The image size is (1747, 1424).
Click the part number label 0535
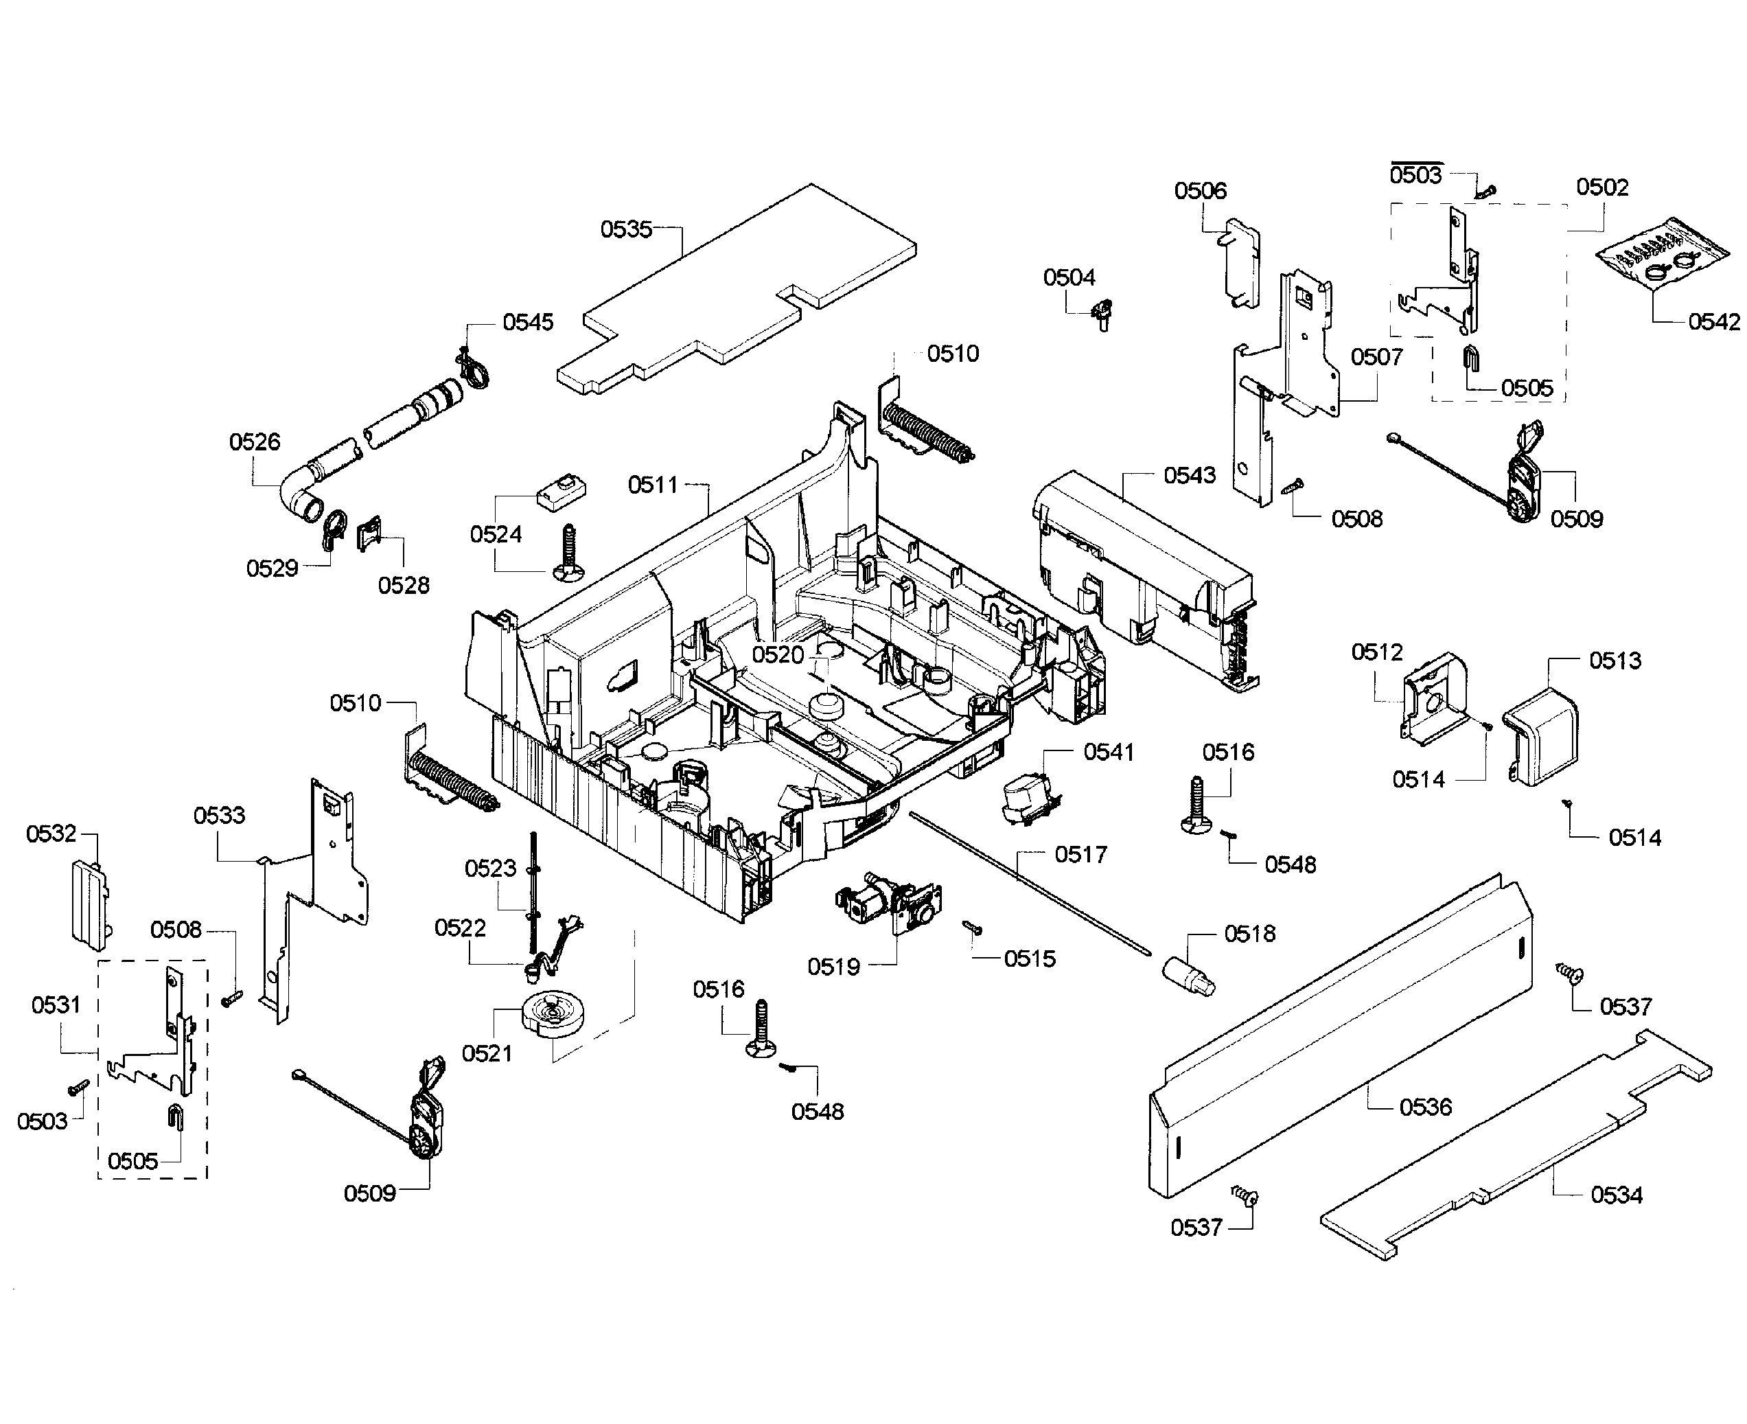pyautogui.click(x=626, y=229)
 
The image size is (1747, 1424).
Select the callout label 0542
pyautogui.click(x=1713, y=321)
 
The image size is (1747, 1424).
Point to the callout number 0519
pyautogui.click(x=833, y=966)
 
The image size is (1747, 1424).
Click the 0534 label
pyautogui.click(x=1617, y=1195)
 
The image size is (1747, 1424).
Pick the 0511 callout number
pyautogui.click(x=653, y=485)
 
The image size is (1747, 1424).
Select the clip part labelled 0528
pyautogui.click(x=370, y=534)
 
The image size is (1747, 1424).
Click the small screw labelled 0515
pyautogui.click(x=973, y=928)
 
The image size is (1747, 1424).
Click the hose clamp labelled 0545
pyautogui.click(x=473, y=370)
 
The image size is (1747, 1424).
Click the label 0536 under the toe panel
pyautogui.click(x=1424, y=1107)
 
